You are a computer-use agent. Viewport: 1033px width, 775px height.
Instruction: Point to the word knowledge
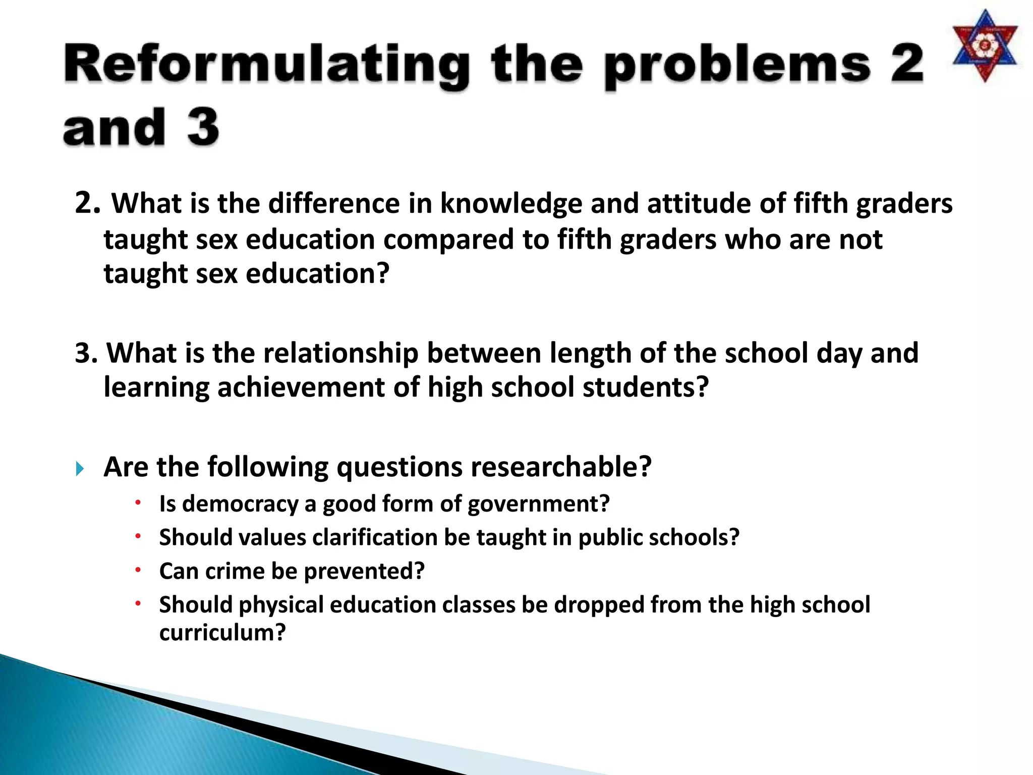(511, 204)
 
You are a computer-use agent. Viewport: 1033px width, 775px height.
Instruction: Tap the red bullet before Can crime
(138, 569)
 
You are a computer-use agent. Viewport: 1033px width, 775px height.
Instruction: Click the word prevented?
(364, 571)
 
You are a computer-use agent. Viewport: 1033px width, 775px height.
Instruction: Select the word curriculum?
(222, 632)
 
